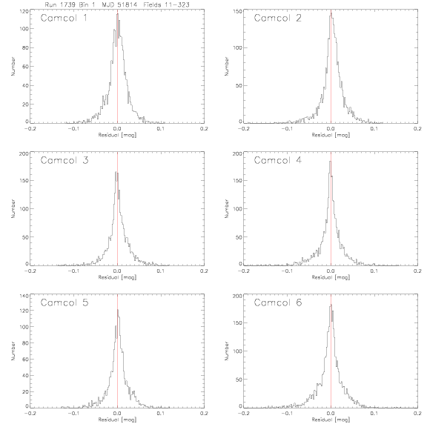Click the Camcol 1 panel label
[x=64, y=18]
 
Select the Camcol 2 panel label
[x=278, y=18]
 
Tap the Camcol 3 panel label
[x=64, y=160]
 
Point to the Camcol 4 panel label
[x=278, y=160]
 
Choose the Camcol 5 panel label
[x=64, y=302]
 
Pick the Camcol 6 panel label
[x=278, y=302]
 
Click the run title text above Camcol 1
[x=117, y=4]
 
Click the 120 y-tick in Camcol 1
[x=24, y=11]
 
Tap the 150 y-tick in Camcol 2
[x=237, y=11]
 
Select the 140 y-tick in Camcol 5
[x=24, y=296]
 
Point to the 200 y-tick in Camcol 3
[x=24, y=153]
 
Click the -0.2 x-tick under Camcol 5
[x=30, y=414]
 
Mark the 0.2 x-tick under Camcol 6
[x=418, y=414]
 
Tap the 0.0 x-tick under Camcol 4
[x=331, y=271]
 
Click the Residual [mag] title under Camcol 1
[x=117, y=135]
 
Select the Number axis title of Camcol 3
[x=13, y=208]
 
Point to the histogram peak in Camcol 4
[x=331, y=161]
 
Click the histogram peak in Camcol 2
[x=331, y=13]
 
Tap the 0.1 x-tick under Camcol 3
[x=161, y=271]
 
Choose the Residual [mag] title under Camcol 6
[x=331, y=420]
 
